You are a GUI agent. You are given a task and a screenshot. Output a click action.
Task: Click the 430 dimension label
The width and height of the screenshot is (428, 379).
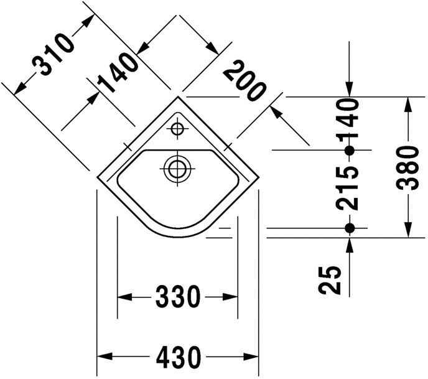pyautogui.click(x=177, y=357)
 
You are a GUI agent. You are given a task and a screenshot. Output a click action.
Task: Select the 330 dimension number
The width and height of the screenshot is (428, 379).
pyautogui.click(x=177, y=296)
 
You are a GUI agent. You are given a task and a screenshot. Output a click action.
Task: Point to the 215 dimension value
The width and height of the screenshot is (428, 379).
pyautogui.click(x=350, y=189)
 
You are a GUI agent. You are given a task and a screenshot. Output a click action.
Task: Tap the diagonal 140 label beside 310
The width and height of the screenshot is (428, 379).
pyautogui.click(x=117, y=74)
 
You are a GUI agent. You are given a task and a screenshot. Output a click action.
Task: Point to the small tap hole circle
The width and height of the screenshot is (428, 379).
pyautogui.click(x=177, y=130)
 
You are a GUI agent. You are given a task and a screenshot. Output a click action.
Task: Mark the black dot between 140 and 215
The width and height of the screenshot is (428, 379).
pyautogui.click(x=350, y=150)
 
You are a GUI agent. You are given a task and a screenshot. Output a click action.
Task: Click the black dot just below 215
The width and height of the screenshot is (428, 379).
pyautogui.click(x=350, y=228)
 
